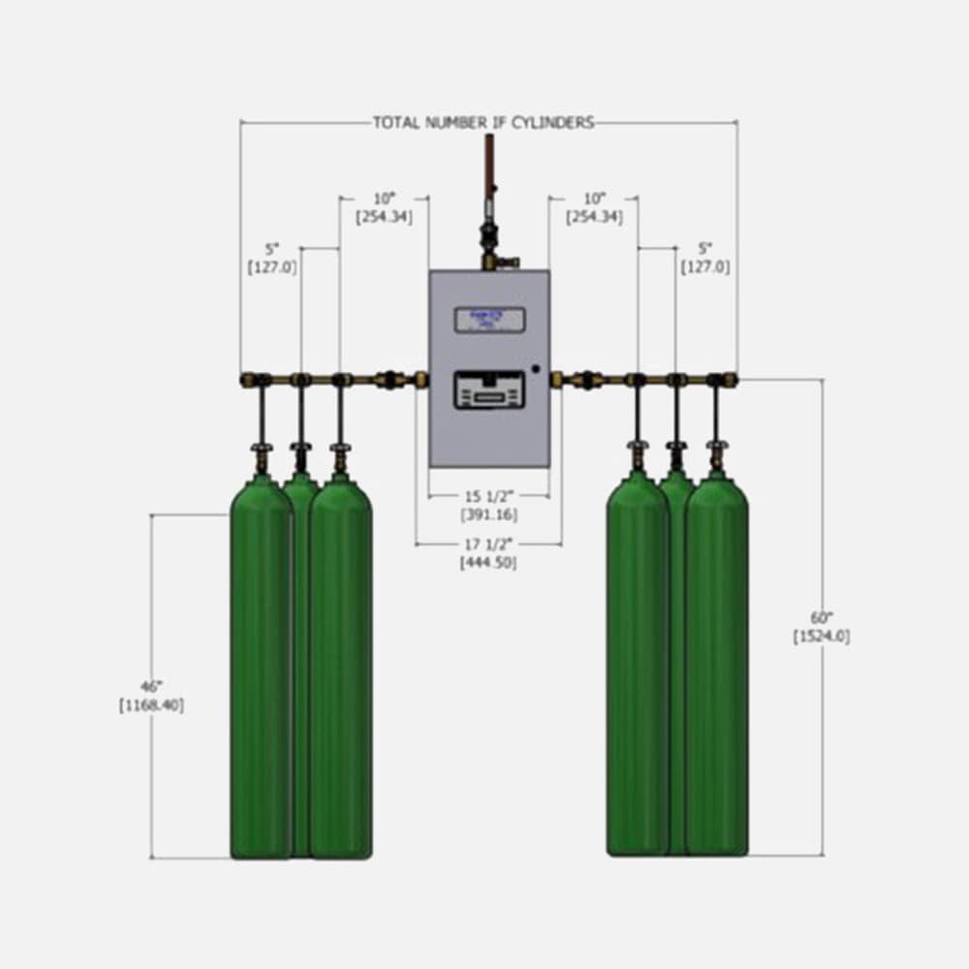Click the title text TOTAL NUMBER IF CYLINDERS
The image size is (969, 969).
pos(484,123)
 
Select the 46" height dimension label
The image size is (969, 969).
pos(151,687)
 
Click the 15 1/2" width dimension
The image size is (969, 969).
pos(488,496)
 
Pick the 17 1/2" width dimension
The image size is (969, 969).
pos(488,544)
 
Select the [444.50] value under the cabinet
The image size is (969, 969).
pos(488,562)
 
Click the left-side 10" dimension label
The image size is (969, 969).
pos(385,199)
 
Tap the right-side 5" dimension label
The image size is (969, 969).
pos(705,247)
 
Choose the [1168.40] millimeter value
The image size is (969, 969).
pos(151,705)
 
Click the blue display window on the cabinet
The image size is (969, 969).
pos(489,320)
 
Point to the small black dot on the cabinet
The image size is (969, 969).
pos(534,368)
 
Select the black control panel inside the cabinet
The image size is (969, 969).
pos(489,391)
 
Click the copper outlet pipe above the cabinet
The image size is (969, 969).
pos(489,165)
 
